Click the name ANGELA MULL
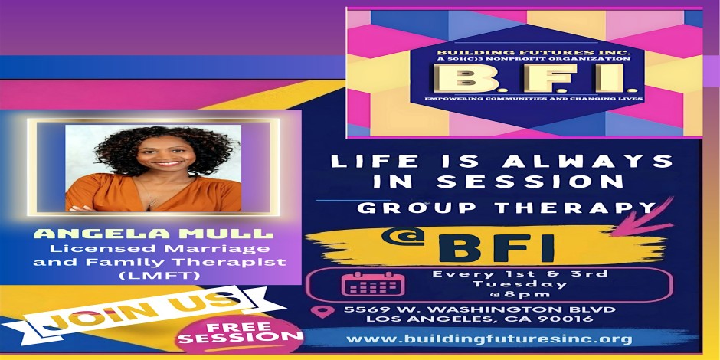click(x=153, y=234)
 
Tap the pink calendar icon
click(x=373, y=285)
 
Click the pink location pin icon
click(x=322, y=311)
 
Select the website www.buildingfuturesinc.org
click(x=489, y=339)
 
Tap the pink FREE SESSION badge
click(x=239, y=334)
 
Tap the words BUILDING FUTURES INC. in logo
click(x=528, y=52)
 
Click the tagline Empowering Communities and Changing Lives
click(x=528, y=99)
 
